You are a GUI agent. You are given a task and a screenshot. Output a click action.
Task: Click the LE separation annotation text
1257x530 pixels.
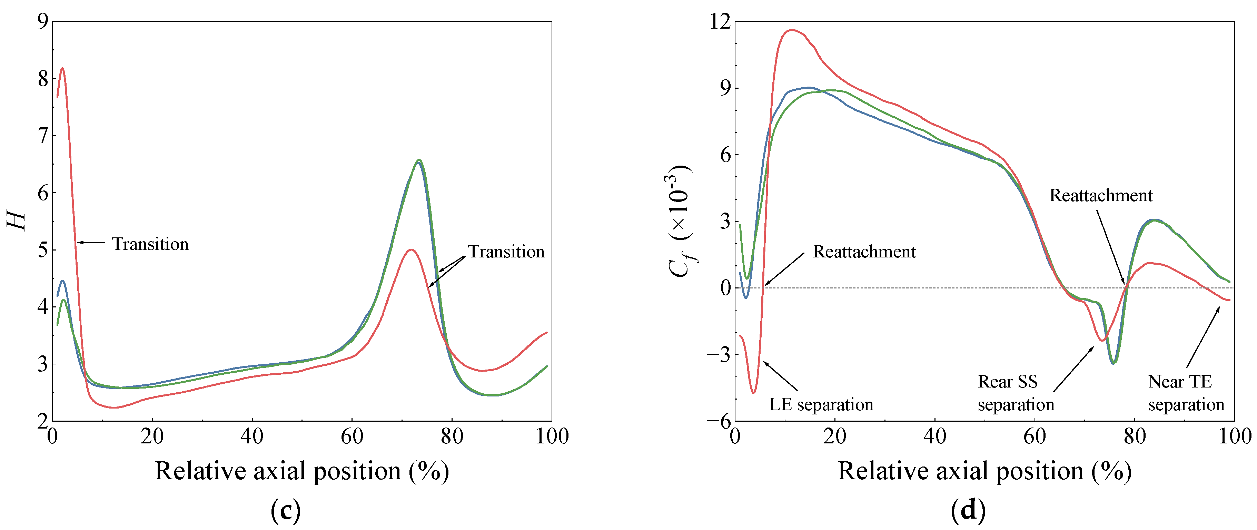coord(821,405)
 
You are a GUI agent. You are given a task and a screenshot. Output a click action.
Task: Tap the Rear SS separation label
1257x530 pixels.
coord(1016,393)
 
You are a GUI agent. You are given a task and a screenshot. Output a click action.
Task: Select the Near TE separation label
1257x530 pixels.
coord(1186,393)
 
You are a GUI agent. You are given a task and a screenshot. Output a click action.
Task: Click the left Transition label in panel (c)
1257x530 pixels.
coord(150,244)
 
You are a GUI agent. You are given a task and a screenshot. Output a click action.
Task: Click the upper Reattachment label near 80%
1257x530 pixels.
coord(1101,195)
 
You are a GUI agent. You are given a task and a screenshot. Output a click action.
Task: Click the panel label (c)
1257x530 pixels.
coord(286,510)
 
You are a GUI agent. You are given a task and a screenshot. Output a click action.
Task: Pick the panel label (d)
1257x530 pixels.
coord(968,510)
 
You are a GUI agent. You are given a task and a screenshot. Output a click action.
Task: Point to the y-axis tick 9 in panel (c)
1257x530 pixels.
coord(43,21)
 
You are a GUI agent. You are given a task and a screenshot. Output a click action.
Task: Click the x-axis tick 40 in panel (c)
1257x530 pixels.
coord(252,436)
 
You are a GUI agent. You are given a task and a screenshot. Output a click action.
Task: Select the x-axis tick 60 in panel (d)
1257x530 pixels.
coord(1035,436)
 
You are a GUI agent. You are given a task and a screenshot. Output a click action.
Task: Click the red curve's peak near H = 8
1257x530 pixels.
coord(62,68)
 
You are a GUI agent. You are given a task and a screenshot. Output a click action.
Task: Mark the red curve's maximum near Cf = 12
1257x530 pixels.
coord(791,30)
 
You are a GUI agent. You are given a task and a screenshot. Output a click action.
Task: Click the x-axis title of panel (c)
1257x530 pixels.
coord(302,471)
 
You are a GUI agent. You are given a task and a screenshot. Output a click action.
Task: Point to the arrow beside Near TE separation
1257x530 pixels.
coord(1203,337)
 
